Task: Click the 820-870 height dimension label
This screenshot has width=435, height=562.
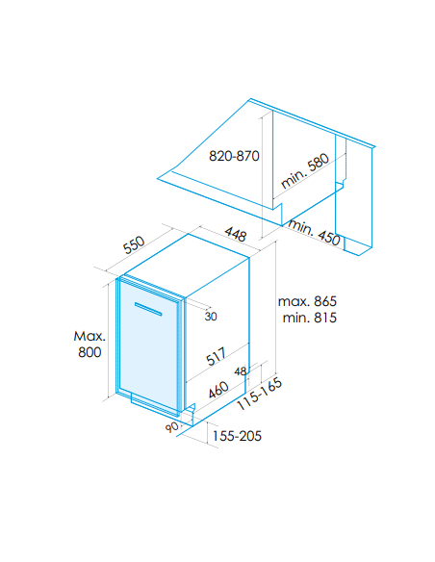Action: [234, 156]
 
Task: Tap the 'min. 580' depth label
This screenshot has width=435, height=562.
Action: [305, 171]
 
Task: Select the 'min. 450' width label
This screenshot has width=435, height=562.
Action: [315, 233]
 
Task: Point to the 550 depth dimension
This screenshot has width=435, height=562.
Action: [134, 244]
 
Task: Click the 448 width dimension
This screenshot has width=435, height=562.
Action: [236, 234]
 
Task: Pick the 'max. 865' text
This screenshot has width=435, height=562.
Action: [307, 301]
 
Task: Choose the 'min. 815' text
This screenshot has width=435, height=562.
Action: [310, 318]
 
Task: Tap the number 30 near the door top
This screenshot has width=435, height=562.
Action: [211, 317]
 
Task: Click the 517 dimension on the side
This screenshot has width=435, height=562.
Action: [216, 356]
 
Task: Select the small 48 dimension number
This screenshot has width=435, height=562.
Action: [241, 371]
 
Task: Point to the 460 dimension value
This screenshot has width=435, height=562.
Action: [218, 390]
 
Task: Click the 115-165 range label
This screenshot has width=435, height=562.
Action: [260, 395]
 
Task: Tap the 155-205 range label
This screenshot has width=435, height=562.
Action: [237, 436]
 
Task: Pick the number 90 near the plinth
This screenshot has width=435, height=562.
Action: [172, 427]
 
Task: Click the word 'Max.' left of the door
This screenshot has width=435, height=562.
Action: [90, 336]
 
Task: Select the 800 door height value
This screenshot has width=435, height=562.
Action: [90, 352]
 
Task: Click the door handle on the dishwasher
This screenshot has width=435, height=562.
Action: [148, 309]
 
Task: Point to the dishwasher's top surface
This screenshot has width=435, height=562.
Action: [187, 266]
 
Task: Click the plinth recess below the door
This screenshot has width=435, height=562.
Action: [154, 403]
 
